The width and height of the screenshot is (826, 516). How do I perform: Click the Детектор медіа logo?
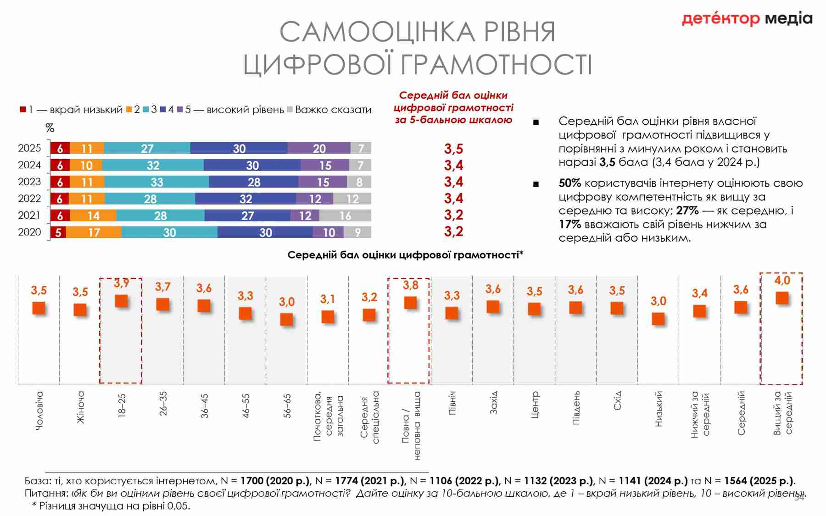[x=747, y=19]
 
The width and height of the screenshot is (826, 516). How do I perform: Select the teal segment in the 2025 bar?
[x=147, y=148]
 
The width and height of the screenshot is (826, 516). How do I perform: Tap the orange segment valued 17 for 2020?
[x=94, y=232]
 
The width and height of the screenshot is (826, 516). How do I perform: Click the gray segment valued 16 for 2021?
[x=345, y=216]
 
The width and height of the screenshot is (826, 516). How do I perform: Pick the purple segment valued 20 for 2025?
[x=319, y=148]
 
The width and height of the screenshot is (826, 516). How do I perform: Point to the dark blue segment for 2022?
[x=246, y=199]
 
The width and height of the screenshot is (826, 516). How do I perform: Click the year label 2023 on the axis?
[x=29, y=182]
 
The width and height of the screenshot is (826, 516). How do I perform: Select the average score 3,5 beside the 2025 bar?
[x=453, y=149]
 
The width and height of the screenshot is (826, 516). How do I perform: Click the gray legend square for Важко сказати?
[x=290, y=110]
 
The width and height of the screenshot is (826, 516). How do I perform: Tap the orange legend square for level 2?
[x=129, y=110]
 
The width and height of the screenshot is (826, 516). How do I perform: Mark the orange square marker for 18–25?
[x=121, y=301]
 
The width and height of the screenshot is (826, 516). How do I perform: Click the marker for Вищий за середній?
[x=782, y=298]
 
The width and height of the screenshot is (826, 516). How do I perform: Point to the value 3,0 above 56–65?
[x=286, y=302]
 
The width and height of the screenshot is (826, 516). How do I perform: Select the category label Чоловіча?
[x=39, y=411]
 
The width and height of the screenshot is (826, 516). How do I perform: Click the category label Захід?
[x=493, y=403]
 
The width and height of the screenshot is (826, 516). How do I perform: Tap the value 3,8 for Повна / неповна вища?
[x=410, y=285]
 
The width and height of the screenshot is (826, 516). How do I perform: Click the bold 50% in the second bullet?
[x=569, y=183]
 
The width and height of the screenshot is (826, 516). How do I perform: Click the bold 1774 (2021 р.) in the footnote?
[x=370, y=481]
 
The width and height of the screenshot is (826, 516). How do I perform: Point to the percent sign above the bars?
[x=50, y=128]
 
